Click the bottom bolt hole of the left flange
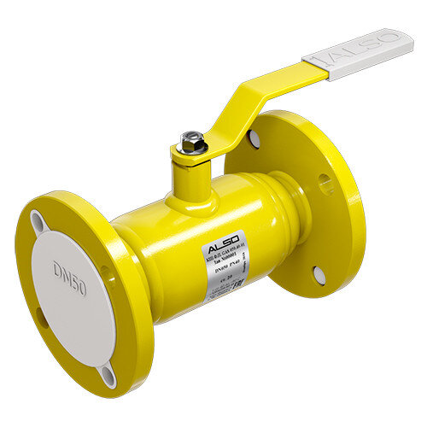coord(108,374)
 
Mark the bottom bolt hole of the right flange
coord(319,273)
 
